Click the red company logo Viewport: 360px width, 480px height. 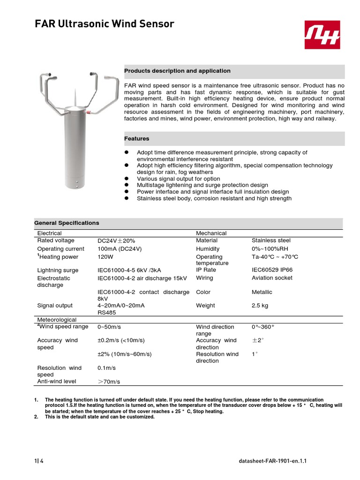324,35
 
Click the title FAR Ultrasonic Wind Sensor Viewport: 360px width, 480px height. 105,24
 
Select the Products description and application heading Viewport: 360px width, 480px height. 177,71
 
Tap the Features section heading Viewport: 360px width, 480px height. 137,139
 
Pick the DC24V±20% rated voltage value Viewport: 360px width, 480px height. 116,240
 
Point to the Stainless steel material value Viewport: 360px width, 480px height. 271,240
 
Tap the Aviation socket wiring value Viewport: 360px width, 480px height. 272,278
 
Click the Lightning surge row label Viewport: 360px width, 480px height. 58,270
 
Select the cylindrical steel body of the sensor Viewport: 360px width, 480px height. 75,145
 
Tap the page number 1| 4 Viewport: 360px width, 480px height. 39,461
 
